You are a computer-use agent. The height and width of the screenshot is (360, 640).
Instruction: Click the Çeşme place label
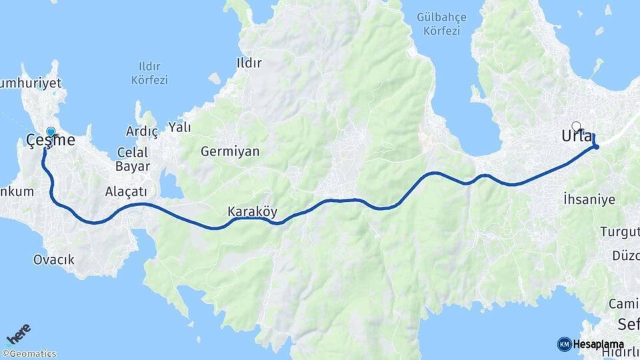tap(50, 141)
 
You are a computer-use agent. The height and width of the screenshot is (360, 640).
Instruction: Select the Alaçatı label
tap(126, 191)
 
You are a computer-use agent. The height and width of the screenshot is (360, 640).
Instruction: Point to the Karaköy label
tap(253, 211)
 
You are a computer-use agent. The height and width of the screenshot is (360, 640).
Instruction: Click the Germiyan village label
tap(230, 151)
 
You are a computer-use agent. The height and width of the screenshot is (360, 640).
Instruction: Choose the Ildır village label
tap(249, 63)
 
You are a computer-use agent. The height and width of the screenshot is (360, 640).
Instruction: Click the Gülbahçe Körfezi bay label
tap(438, 24)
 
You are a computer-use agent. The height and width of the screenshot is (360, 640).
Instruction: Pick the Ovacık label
tap(54, 259)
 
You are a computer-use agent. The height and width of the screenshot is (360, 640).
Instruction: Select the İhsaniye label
tap(589, 199)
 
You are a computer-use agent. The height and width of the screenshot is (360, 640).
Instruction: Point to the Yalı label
tap(179, 127)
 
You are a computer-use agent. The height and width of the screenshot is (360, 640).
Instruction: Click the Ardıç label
tap(142, 132)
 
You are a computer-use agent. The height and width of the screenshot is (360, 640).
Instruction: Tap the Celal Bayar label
tap(133, 159)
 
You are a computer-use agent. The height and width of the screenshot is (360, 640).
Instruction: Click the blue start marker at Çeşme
tap(51, 131)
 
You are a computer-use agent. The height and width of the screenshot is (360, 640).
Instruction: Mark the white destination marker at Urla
tap(576, 125)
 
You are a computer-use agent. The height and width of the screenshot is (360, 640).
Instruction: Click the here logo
tap(18, 333)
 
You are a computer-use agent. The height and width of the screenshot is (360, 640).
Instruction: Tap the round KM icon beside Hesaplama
tap(564, 344)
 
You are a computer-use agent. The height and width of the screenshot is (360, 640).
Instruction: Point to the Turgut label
tap(620, 232)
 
